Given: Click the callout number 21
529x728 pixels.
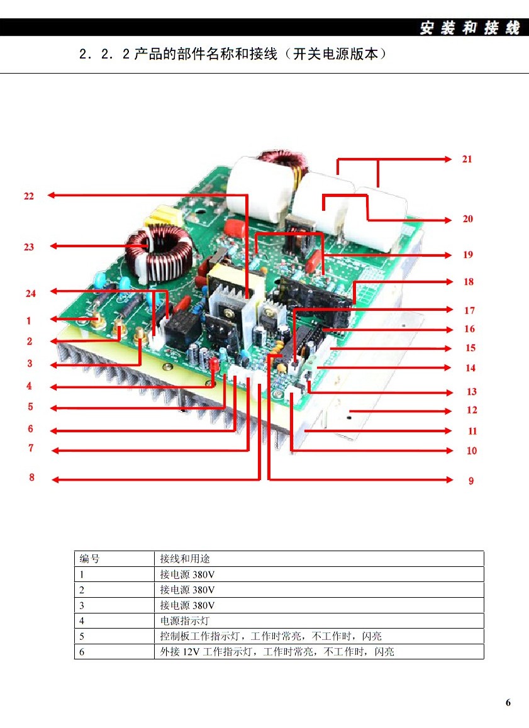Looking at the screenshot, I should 467,159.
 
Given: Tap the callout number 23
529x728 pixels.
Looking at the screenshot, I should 29,247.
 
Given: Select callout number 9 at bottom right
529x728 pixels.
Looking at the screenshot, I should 471,481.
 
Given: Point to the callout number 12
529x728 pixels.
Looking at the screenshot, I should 472,410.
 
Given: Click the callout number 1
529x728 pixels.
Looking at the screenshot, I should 28,321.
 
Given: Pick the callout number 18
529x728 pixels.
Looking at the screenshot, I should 469,282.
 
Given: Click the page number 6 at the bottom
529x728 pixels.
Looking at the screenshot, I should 508,703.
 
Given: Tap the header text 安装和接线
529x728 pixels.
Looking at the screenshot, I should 470,28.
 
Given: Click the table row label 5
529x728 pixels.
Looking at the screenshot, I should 82,636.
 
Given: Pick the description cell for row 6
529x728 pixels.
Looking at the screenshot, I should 277,652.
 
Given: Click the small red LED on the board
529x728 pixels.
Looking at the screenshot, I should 214,364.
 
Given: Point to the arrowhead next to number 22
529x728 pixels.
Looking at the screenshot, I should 51,195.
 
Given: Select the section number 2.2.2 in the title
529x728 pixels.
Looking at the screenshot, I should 104,55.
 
